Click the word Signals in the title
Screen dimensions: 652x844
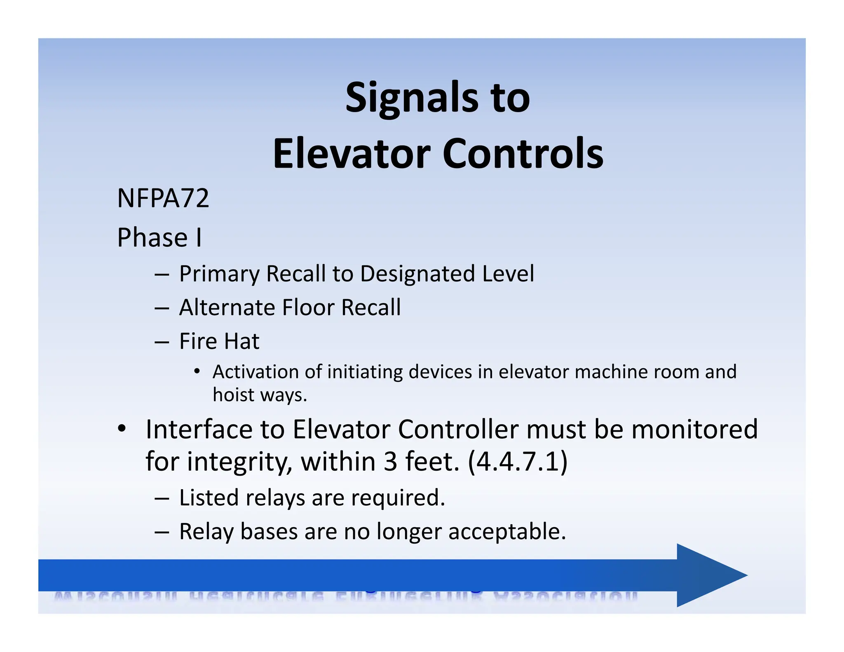point(411,98)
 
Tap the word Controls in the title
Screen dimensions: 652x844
point(523,154)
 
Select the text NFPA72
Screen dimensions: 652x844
point(163,198)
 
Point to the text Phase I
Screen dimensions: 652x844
point(159,238)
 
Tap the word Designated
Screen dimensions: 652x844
point(417,274)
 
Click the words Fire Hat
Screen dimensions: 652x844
point(219,341)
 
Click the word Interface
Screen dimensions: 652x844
point(199,429)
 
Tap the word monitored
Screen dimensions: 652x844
point(694,429)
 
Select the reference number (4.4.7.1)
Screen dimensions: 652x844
point(518,462)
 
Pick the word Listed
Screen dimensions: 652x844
point(209,498)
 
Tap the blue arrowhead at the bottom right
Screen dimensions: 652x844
point(709,575)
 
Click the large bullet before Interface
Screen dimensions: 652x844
point(121,429)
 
